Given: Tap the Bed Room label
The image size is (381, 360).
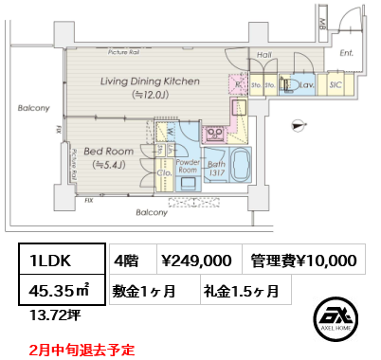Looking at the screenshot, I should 107,152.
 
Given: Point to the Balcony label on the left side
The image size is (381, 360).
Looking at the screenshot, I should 33,108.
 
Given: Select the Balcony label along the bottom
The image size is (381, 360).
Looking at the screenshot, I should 151,212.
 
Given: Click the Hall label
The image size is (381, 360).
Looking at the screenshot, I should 264,55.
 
